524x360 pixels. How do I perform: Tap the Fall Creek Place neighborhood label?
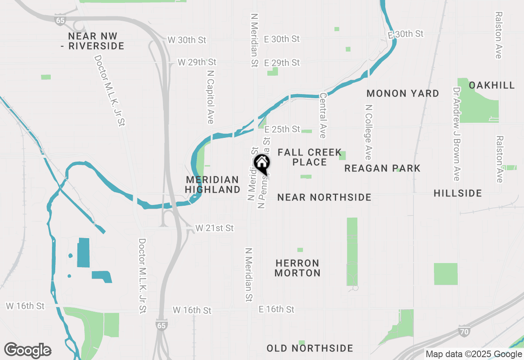(x=309, y=157)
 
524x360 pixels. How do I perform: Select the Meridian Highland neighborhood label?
(x=212, y=184)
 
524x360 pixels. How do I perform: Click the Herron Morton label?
(x=298, y=268)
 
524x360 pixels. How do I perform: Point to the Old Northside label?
(x=310, y=349)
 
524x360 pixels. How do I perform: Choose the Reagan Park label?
(x=382, y=168)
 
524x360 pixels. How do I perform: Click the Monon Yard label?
(x=403, y=93)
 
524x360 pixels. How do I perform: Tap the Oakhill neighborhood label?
(x=492, y=85)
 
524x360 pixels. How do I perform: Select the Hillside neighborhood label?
(x=458, y=193)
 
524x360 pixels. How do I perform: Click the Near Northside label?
(x=324, y=198)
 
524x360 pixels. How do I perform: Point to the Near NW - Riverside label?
(x=96, y=41)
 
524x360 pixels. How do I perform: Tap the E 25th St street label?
(x=282, y=129)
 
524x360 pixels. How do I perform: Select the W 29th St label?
(x=197, y=62)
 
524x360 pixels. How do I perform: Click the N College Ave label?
(x=369, y=132)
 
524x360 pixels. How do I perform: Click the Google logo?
(x=28, y=350)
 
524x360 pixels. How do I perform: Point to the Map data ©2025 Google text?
(x=474, y=354)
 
